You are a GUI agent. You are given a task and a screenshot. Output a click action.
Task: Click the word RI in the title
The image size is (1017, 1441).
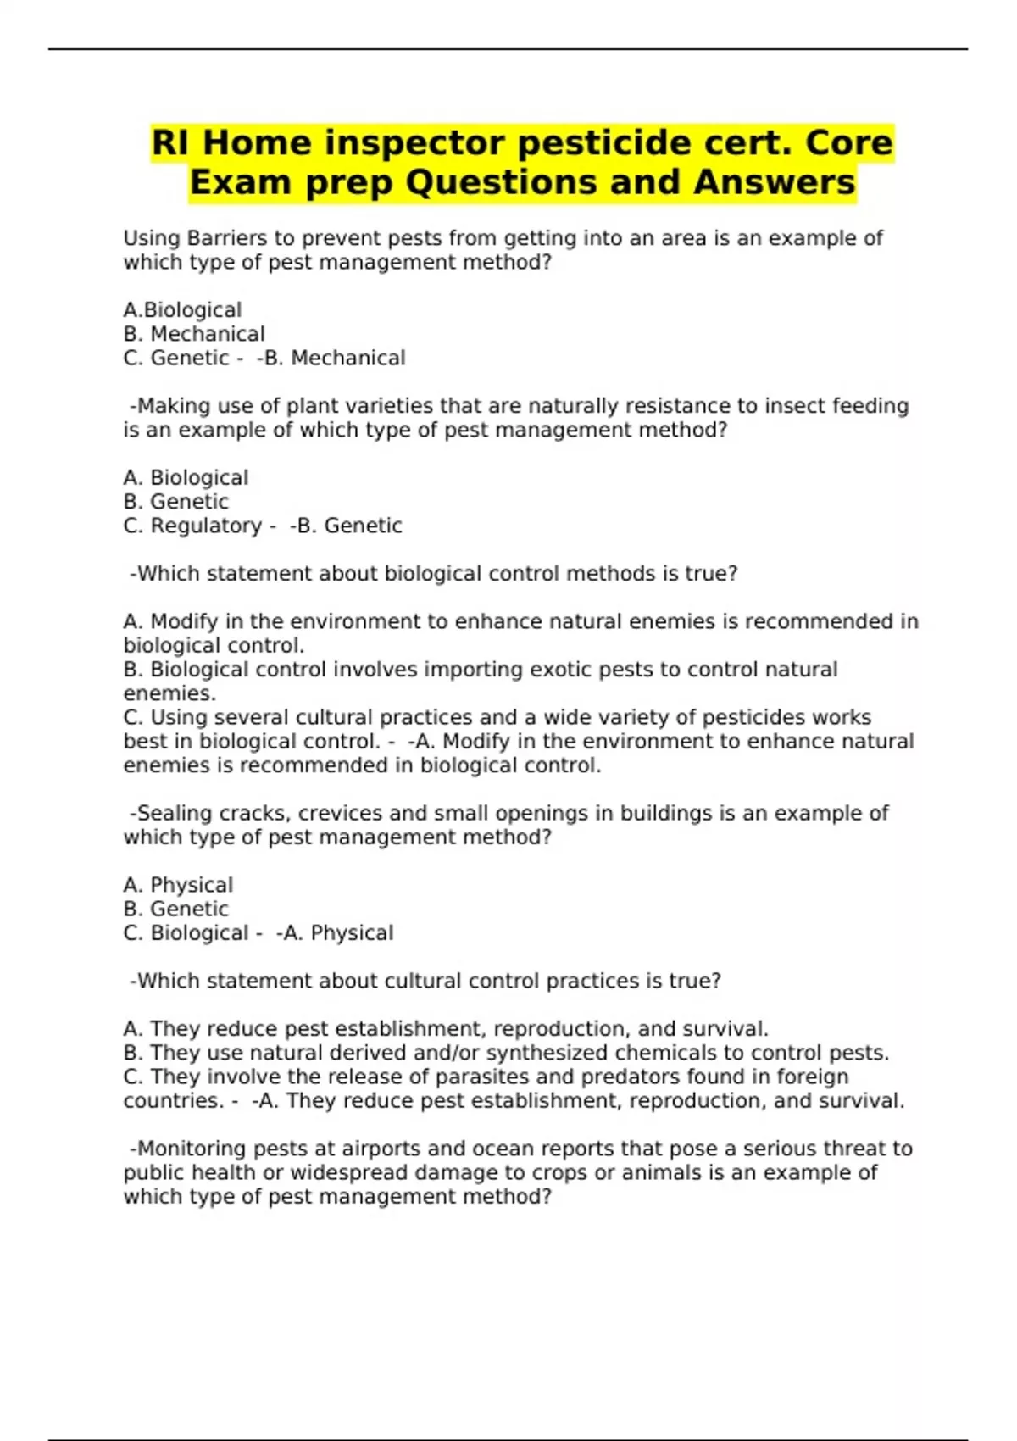click(x=170, y=142)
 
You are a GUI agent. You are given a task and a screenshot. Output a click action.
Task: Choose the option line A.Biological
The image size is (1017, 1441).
click(x=182, y=310)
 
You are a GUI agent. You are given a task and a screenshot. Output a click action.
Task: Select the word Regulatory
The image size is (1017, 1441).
click(x=206, y=526)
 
